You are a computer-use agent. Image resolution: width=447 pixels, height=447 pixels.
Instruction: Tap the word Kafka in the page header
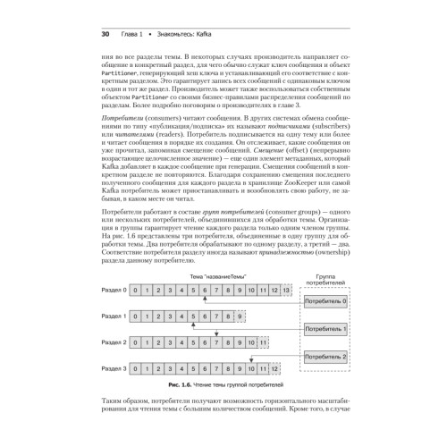click(x=196, y=34)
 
